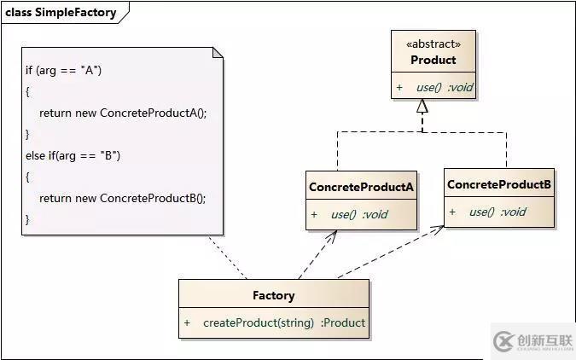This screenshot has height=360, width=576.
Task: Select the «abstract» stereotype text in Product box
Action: point(433,44)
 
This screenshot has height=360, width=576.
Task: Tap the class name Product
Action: point(433,60)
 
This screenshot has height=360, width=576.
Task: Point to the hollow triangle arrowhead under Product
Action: point(421,107)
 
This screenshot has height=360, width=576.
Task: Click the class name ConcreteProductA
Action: point(361,187)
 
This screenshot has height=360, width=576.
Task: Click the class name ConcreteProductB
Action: point(499,184)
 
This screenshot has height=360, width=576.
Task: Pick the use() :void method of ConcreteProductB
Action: point(497,212)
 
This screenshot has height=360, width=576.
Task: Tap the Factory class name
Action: point(273,296)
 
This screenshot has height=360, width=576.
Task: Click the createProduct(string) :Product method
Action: point(283,322)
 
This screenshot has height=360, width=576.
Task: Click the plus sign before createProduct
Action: point(187,322)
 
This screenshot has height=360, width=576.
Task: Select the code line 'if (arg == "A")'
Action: point(64,70)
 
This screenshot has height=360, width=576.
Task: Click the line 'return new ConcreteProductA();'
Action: point(122,113)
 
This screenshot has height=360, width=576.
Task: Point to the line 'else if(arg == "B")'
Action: point(73,155)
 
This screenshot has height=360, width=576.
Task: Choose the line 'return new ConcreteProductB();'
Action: point(122,198)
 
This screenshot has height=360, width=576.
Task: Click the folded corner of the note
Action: point(218,53)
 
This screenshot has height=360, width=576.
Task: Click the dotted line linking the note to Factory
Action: point(228,256)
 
